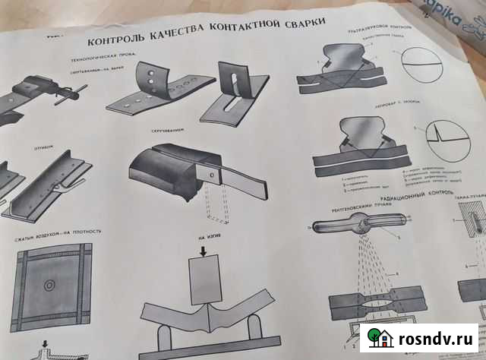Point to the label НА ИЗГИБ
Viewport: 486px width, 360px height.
208,236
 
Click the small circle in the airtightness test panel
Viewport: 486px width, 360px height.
49,287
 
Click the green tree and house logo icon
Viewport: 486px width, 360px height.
377,336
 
